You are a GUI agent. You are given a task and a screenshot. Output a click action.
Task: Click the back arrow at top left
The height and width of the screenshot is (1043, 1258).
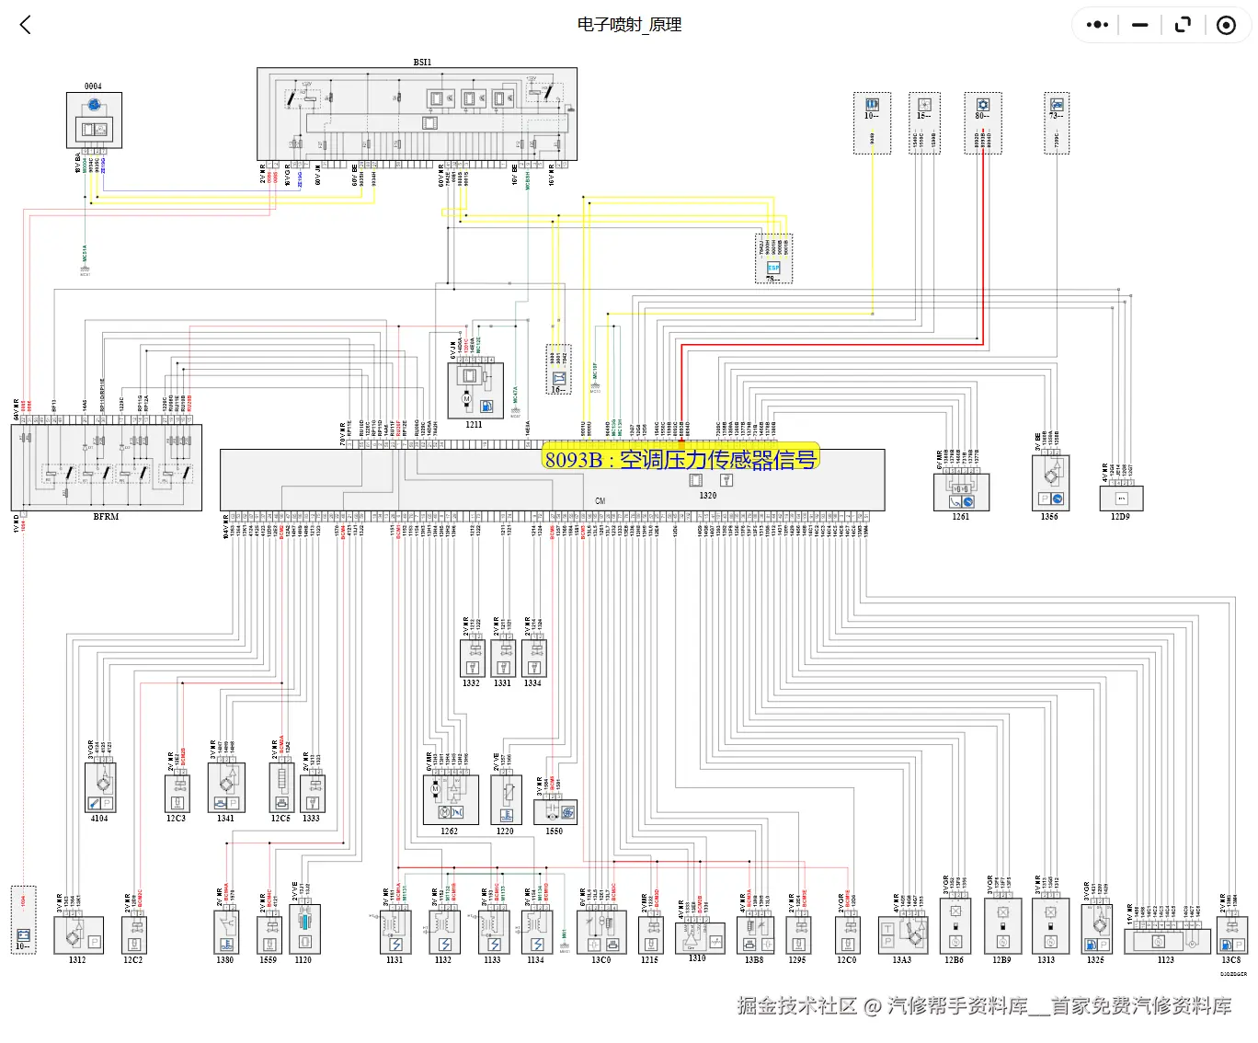[x=26, y=25]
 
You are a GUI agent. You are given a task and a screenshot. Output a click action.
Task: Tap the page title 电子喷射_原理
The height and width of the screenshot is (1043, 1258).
[x=629, y=25]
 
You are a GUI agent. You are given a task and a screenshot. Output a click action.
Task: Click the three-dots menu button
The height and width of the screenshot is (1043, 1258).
[x=1097, y=25]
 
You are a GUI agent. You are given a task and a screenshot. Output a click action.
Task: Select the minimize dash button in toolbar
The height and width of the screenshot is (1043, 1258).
[x=1140, y=25]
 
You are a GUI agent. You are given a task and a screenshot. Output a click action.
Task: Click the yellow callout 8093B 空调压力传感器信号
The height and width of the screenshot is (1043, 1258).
[x=680, y=459]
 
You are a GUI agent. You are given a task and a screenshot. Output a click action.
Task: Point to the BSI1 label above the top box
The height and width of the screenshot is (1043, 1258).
[x=422, y=63]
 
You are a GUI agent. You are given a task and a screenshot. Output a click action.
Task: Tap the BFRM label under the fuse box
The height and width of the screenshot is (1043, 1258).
[x=106, y=517]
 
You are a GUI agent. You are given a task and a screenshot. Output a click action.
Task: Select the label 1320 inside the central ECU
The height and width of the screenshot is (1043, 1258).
[x=707, y=496]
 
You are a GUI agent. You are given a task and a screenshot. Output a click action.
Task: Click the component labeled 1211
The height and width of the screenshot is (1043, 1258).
[x=475, y=392]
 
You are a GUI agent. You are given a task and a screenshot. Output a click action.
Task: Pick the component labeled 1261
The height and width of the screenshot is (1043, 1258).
[x=961, y=492]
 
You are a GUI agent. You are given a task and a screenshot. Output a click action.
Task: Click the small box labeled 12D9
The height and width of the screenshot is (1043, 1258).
[x=1121, y=499]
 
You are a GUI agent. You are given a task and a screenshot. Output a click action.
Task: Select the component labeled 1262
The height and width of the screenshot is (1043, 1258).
[x=451, y=800]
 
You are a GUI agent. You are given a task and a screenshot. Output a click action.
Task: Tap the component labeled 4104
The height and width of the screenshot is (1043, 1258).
[x=100, y=788]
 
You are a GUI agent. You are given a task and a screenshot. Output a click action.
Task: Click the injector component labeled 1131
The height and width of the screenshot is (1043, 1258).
[x=395, y=933]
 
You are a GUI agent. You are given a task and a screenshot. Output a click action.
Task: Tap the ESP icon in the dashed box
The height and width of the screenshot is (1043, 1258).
[x=773, y=268]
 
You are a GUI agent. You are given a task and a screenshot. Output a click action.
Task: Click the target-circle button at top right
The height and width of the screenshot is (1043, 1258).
[x=1226, y=25]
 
